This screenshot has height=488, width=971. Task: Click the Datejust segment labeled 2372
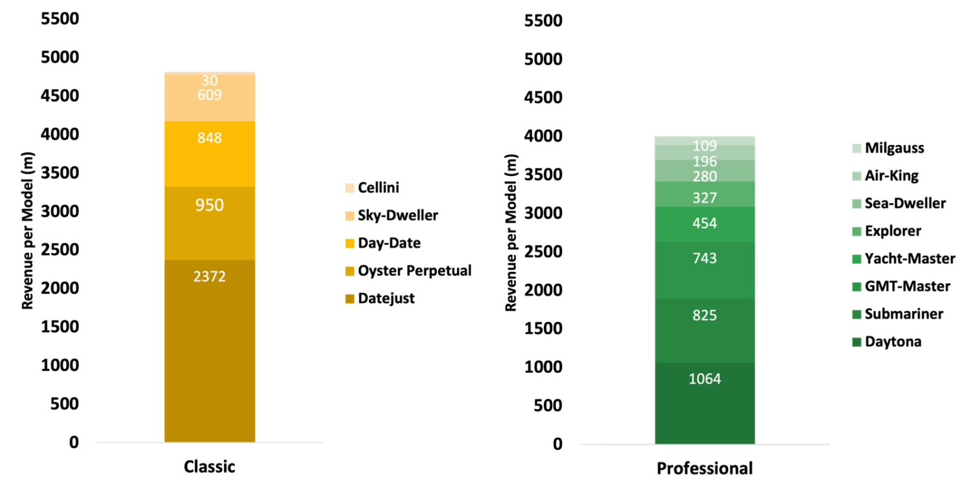tap(210, 349)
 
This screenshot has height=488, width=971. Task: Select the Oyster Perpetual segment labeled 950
tap(210, 223)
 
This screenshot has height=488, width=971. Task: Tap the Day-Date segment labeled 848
tap(210, 154)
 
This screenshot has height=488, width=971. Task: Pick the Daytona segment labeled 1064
tap(704, 403)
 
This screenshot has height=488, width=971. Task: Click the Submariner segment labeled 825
tap(704, 330)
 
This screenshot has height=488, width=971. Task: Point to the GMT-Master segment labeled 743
tap(704, 270)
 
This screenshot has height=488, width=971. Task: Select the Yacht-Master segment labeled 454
tap(704, 224)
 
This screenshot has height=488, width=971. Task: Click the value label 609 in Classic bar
tap(210, 95)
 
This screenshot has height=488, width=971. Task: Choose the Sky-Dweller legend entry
tap(397, 216)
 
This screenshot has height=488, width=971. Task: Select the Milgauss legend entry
tap(894, 148)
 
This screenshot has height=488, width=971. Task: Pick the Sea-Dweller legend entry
tap(905, 203)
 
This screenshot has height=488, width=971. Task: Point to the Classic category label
tap(209, 467)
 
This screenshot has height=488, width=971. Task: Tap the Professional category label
tap(704, 469)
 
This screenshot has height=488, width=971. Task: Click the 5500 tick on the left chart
tap(60, 19)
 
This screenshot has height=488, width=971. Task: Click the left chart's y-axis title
tap(28, 232)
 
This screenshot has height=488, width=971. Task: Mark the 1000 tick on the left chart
tap(60, 366)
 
